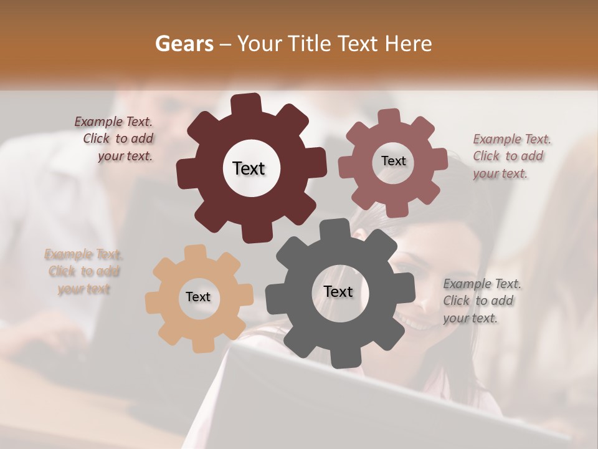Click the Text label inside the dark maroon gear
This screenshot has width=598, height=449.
coord(249,168)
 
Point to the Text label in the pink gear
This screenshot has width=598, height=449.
coord(393,161)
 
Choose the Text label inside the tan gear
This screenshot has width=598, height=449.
coord(198,297)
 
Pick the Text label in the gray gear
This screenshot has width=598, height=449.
coord(338,292)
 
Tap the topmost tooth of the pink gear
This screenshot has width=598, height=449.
coord(389,117)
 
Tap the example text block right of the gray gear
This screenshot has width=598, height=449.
coord(481,301)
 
